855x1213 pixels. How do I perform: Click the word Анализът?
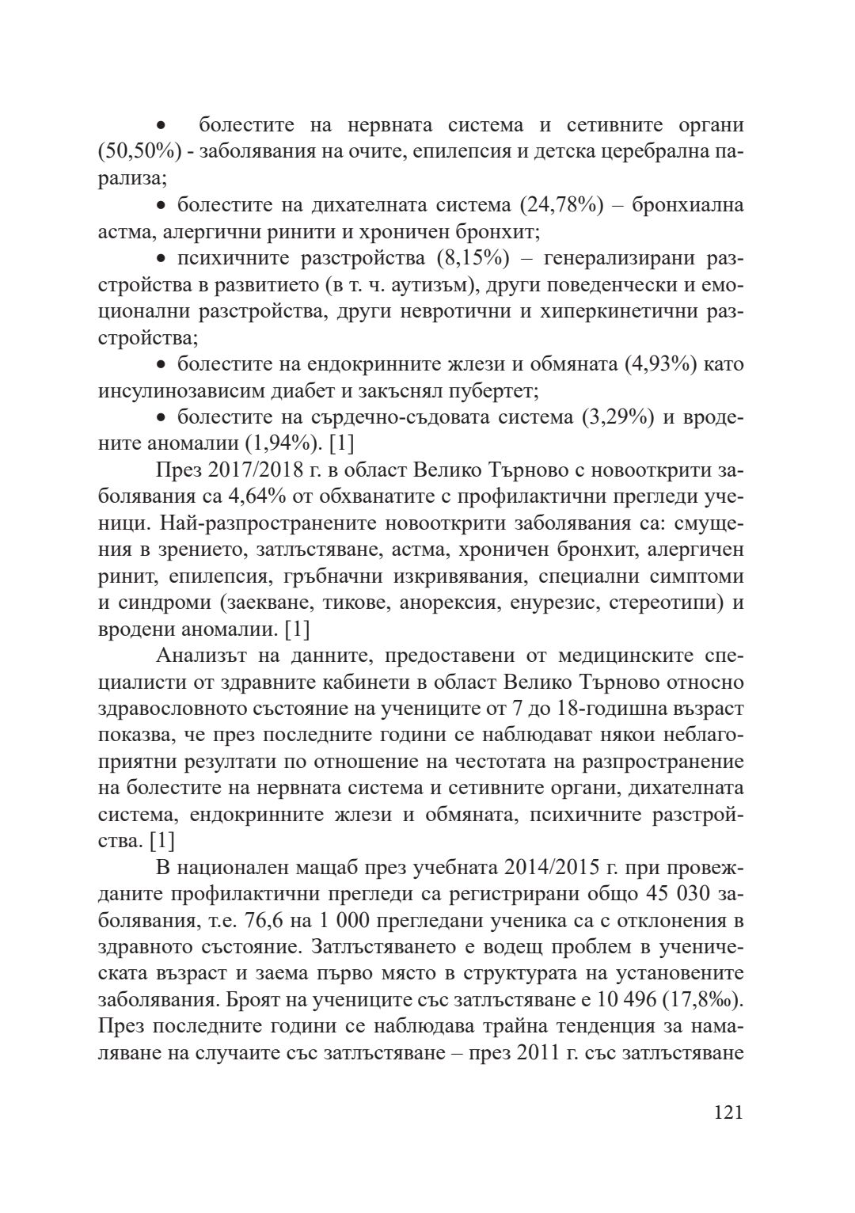click(x=205, y=656)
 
